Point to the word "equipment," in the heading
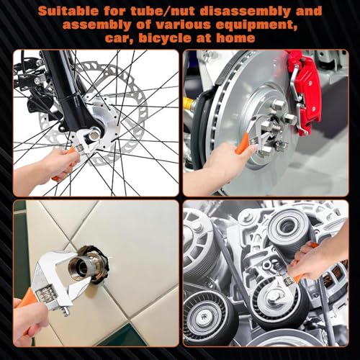point(257,26)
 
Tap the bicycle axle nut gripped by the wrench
point(94,135)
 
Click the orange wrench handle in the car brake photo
point(242,143)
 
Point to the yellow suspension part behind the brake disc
point(189,103)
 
